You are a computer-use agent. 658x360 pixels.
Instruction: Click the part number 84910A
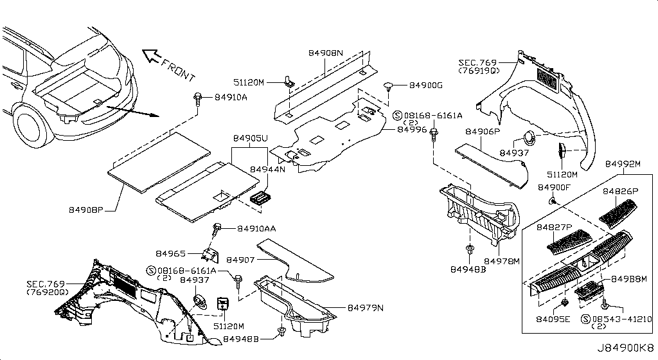click(x=230, y=97)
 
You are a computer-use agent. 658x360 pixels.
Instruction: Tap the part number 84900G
click(x=426, y=85)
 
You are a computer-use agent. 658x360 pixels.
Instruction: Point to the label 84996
click(x=412, y=129)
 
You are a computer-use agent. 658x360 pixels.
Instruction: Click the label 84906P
click(x=482, y=132)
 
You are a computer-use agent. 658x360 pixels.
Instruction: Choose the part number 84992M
click(x=623, y=164)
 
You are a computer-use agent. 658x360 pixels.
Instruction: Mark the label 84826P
click(x=621, y=192)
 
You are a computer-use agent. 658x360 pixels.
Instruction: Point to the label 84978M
click(x=501, y=262)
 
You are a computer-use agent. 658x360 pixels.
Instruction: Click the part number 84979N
click(x=366, y=308)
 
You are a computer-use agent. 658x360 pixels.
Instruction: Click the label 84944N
click(x=267, y=170)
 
